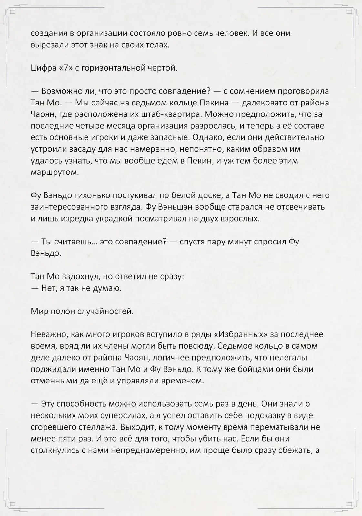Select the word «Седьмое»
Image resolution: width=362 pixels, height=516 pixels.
pos(235,346)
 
